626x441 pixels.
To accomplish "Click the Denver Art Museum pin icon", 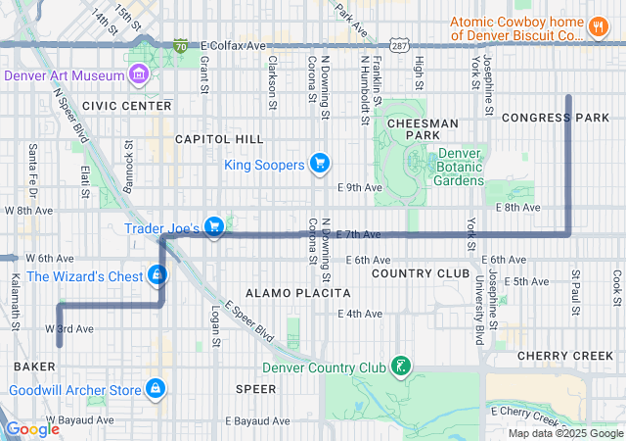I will [139, 74].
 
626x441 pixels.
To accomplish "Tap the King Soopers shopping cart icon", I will [319, 164].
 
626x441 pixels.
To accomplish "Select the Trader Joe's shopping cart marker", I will [215, 228].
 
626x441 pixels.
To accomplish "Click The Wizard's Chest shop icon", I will [156, 276].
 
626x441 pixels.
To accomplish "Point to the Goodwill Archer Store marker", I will [155, 389].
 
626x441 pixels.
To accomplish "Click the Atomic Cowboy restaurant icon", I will [598, 26].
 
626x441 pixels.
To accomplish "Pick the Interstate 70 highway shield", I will [181, 45].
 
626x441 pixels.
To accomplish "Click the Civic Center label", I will [127, 105].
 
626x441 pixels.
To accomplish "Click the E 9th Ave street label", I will [356, 187].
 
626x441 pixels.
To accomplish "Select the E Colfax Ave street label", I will [233, 45].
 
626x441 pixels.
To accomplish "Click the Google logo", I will [32, 428].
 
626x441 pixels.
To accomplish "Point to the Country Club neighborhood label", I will [414, 272].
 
